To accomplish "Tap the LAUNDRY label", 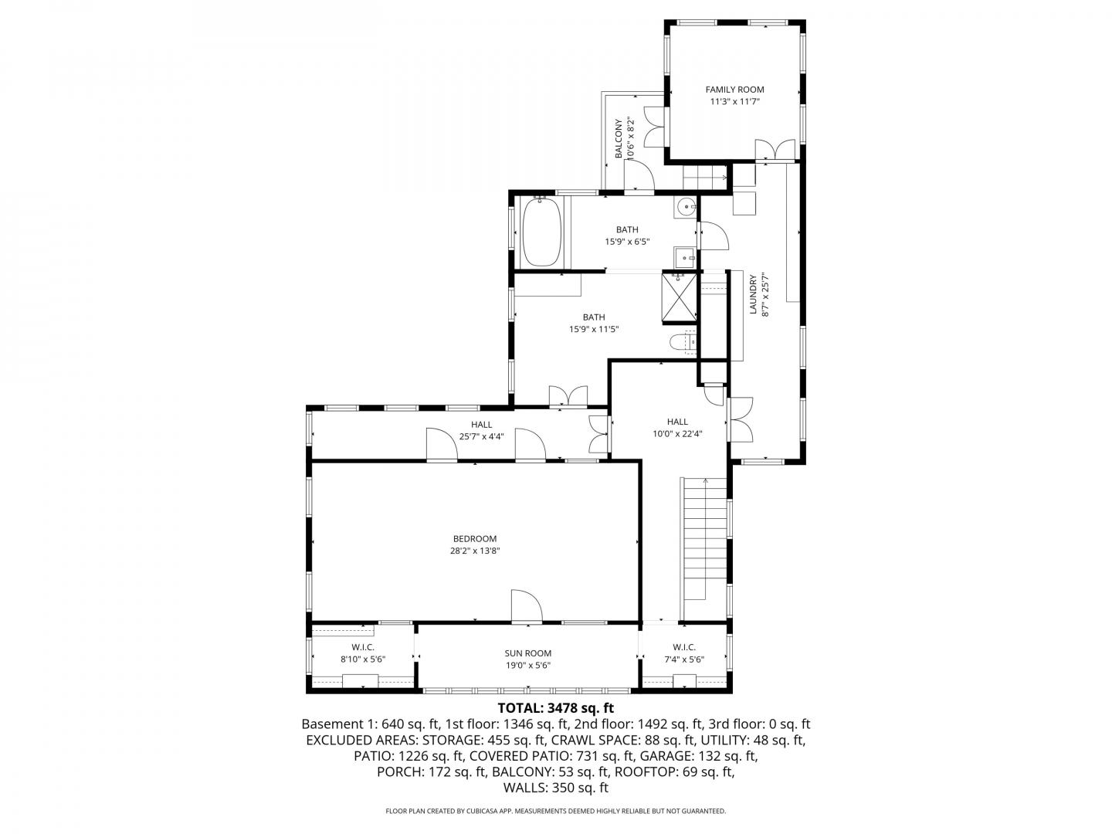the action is click(x=753, y=294).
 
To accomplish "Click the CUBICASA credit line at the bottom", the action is click(x=556, y=811).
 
